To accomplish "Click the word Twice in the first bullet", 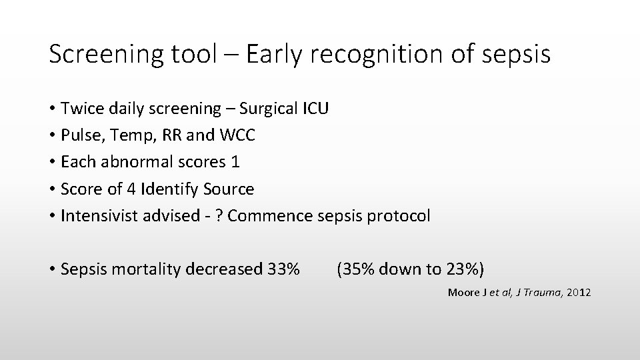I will pos(81,108).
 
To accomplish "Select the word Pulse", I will pos(79,135).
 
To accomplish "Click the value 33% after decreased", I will pos(282,269).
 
